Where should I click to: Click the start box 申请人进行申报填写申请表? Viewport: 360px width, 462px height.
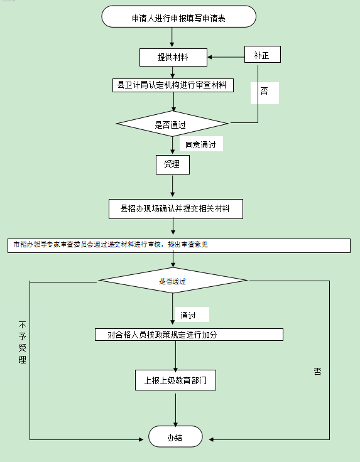[178, 17]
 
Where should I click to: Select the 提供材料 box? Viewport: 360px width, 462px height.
[173, 58]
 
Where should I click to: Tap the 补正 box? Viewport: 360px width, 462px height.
[262, 55]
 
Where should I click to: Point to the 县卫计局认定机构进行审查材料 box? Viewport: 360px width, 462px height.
[172, 85]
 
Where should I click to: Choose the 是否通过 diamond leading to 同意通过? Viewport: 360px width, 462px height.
[172, 124]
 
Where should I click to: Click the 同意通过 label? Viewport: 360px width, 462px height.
[201, 145]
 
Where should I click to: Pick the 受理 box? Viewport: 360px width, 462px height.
[172, 165]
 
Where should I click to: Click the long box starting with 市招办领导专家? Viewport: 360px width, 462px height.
[179, 245]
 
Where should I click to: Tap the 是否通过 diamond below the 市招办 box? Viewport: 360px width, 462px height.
[173, 281]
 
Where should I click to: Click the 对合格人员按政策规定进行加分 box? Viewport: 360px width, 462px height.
[188, 335]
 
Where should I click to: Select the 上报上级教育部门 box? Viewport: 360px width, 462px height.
[176, 380]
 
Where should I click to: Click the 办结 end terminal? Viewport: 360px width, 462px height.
[175, 437]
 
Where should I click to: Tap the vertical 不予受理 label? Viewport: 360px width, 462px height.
[23, 343]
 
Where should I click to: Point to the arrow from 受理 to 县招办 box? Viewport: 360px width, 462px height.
[172, 187]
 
